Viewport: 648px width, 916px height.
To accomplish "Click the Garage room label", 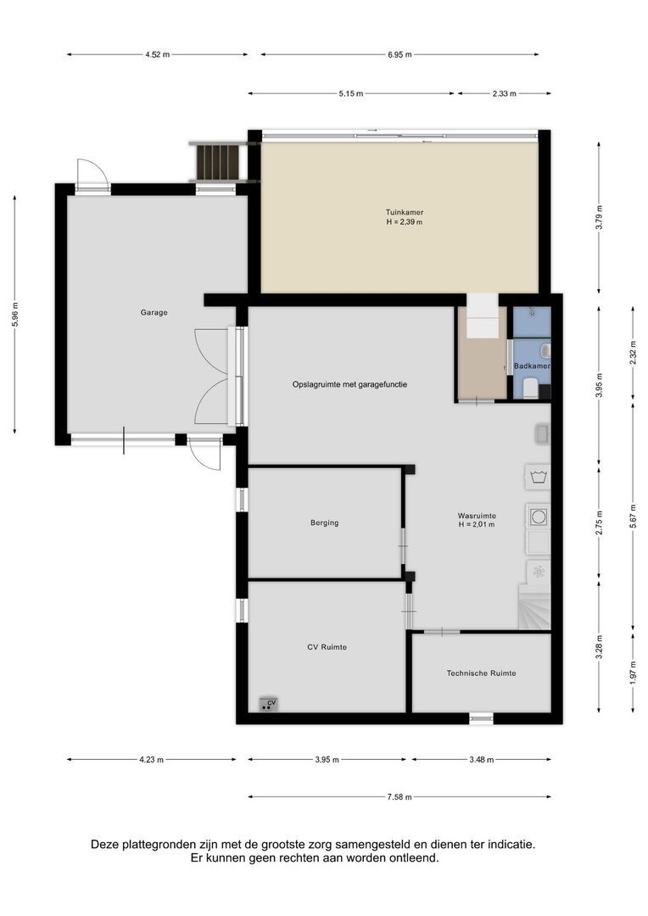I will click(154, 312).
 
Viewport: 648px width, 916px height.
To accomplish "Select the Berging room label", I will click(324, 522).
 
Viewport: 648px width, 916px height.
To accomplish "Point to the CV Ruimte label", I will click(327, 647).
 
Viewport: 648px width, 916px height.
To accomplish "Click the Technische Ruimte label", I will click(481, 673).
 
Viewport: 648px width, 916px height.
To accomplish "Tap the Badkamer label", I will click(532, 366).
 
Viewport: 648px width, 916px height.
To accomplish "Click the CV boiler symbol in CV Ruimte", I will click(269, 704).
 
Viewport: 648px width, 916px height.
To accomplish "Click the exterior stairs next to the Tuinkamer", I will click(219, 161).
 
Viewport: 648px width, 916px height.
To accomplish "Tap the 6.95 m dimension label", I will click(399, 54).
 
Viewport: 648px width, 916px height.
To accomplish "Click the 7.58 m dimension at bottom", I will click(399, 796).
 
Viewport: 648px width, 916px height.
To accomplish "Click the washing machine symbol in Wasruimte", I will click(537, 515).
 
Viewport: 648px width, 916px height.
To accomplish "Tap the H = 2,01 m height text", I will click(476, 525).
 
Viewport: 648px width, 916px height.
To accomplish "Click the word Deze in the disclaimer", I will click(107, 845).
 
